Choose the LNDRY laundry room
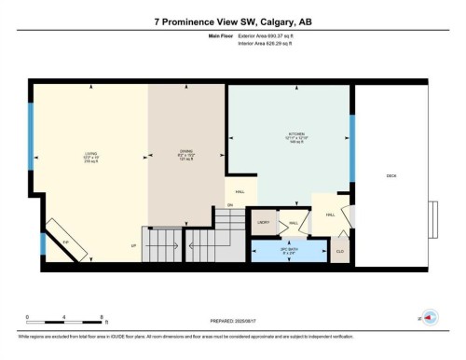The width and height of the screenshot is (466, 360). point(264,223)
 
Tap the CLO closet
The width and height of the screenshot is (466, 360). point(339,251)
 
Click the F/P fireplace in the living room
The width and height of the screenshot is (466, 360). point(65,241)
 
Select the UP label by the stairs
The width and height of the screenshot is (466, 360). point(134,246)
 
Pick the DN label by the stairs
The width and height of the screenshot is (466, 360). point(229,204)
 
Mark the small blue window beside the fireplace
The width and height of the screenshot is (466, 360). point(43,244)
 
